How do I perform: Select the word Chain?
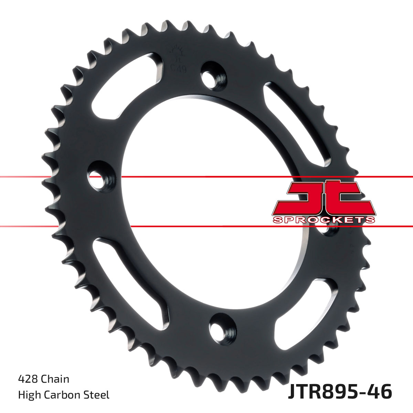tap(55, 379)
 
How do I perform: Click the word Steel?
tap(97, 395)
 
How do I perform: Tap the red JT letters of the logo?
tap(324, 198)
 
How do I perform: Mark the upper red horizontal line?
tap(206, 177)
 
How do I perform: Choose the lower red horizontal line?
tap(206, 226)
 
